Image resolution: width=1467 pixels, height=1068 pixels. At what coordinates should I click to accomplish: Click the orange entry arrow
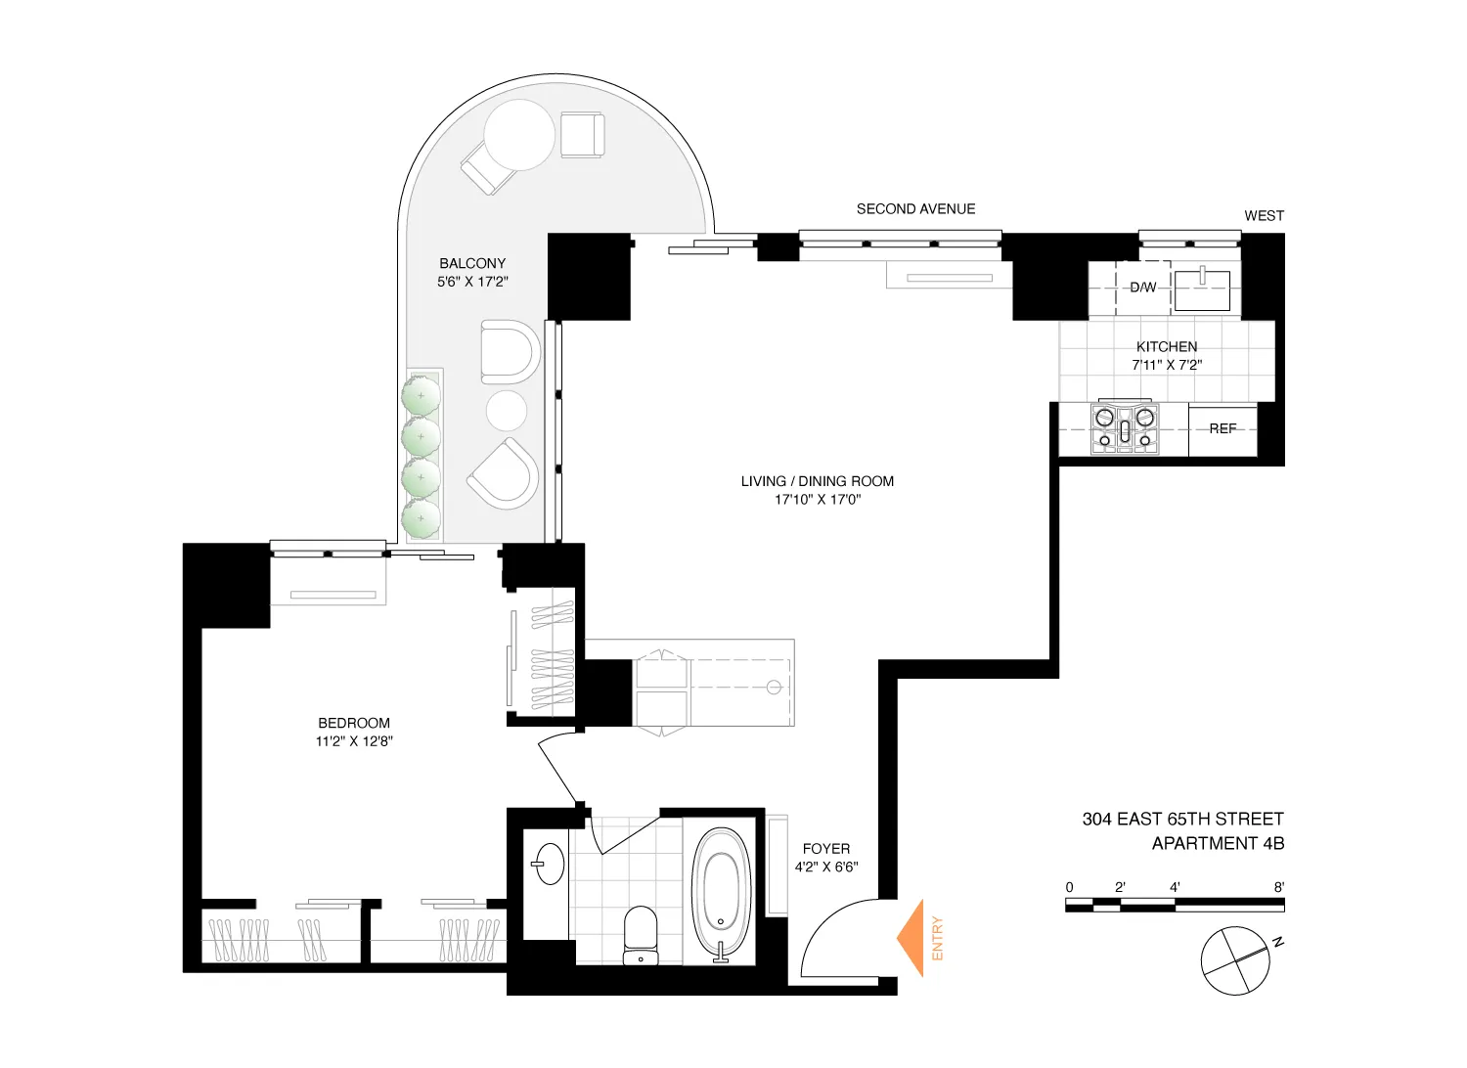pyautogui.click(x=912, y=938)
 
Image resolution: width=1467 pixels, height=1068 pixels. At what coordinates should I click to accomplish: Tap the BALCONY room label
pyautogui.click(x=472, y=263)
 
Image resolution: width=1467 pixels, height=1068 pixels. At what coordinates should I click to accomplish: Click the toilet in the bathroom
pyautogui.click(x=641, y=935)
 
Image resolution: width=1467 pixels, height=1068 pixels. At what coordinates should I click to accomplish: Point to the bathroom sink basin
pyautogui.click(x=549, y=864)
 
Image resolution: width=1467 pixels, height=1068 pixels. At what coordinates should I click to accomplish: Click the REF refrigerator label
pyautogui.click(x=1222, y=428)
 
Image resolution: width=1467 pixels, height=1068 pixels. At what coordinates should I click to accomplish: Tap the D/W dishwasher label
pyautogui.click(x=1142, y=288)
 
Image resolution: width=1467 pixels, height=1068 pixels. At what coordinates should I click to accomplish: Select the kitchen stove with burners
pyautogui.click(x=1125, y=428)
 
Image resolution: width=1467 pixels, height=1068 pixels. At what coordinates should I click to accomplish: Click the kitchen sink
pyautogui.click(x=1202, y=290)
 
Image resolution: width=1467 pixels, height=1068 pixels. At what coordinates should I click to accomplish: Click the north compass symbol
pyautogui.click(x=1236, y=960)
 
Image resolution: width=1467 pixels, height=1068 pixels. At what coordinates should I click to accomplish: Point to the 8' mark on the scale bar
pyautogui.click(x=1278, y=888)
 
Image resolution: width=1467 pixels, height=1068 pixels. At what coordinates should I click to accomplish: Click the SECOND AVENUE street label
pyautogui.click(x=915, y=208)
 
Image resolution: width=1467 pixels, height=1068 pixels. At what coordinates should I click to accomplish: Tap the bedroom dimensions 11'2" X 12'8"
pyautogui.click(x=354, y=741)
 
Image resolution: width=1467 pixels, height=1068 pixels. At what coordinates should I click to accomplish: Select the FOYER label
pyautogui.click(x=826, y=849)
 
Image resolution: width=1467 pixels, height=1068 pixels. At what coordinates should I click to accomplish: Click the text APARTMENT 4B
pyautogui.click(x=1218, y=843)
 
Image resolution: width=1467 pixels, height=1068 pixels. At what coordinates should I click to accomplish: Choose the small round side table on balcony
pyautogui.click(x=507, y=411)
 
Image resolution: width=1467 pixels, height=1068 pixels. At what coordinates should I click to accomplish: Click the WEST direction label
pyautogui.click(x=1264, y=215)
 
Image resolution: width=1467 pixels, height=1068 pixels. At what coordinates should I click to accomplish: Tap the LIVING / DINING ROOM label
pyautogui.click(x=818, y=481)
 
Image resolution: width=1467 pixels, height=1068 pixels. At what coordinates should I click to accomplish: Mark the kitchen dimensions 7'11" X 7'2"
pyautogui.click(x=1167, y=365)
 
